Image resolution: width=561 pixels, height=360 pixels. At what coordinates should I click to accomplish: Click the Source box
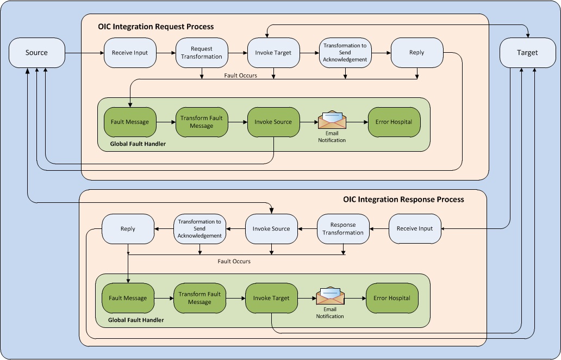coord(36,53)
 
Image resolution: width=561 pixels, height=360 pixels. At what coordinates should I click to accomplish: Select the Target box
coord(527,53)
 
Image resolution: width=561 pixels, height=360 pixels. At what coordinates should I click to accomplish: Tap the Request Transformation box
coord(202,53)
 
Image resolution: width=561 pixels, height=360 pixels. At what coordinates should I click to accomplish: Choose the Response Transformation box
coord(343,229)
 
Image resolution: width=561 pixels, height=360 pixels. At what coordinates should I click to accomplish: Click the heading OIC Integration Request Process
coord(155,27)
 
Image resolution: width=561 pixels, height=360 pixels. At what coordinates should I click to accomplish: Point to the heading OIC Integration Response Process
coord(403,200)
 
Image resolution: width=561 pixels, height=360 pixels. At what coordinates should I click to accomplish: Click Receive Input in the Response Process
coord(415,229)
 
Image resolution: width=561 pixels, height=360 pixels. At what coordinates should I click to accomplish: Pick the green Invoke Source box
coord(273,122)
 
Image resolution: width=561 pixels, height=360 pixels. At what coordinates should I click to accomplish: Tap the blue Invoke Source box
coord(271,229)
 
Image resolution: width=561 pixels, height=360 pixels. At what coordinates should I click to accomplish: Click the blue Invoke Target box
coord(273,53)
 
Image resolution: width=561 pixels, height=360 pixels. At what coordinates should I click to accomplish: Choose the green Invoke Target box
coord(271,298)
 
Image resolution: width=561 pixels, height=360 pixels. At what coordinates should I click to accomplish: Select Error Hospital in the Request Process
coord(394,122)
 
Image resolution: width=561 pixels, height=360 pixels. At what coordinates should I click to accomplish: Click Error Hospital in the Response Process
coord(392,298)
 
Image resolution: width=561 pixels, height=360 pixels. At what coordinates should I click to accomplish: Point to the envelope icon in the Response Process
coord(330,296)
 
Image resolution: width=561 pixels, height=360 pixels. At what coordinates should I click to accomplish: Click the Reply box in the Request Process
coord(417,53)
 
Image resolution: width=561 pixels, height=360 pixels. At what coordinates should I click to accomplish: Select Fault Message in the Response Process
coord(128,298)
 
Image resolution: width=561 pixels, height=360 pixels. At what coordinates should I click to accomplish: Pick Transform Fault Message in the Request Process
coord(202,122)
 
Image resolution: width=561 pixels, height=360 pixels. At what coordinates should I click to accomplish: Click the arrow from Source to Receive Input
coord(84,53)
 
